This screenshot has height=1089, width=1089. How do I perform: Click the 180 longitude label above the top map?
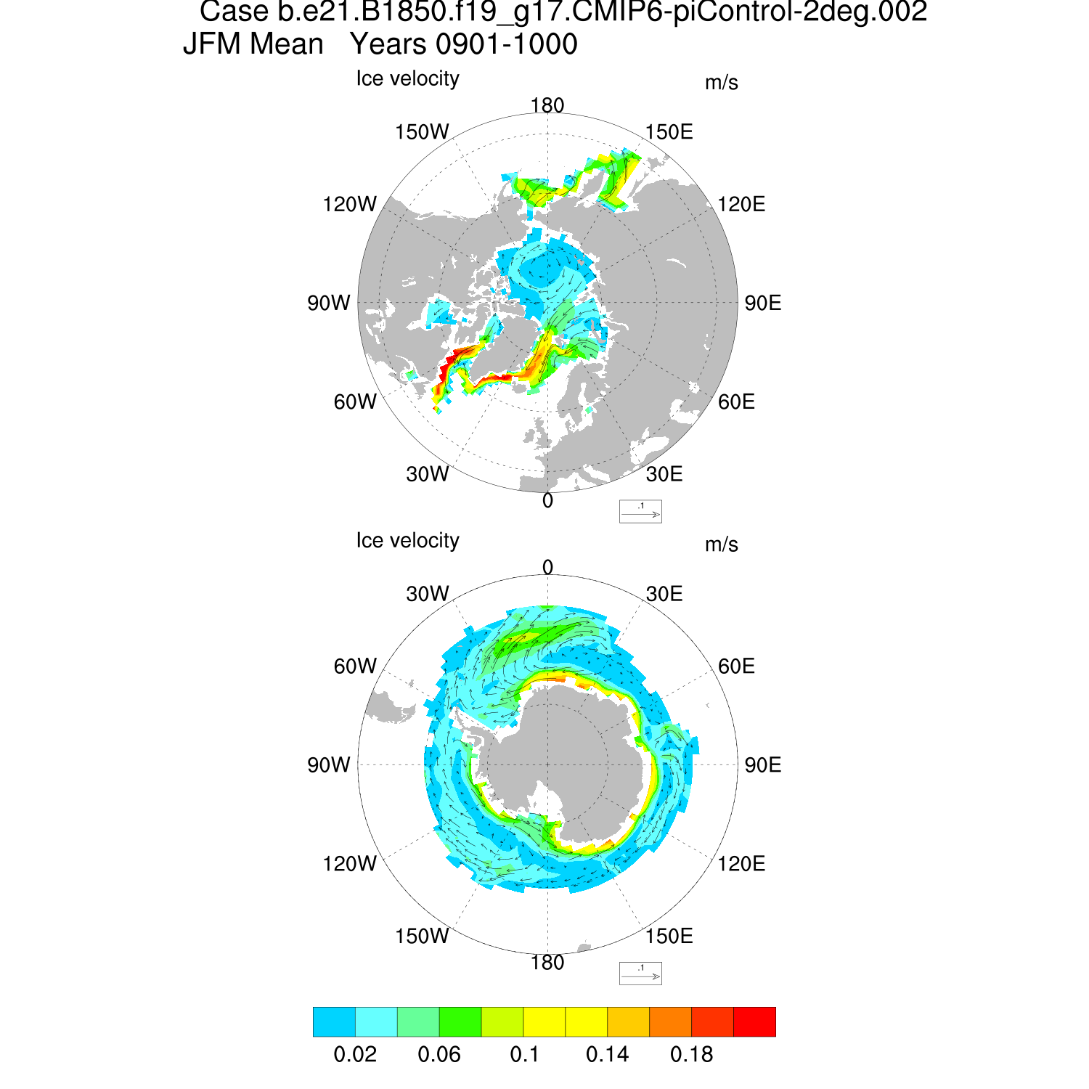pyautogui.click(x=547, y=105)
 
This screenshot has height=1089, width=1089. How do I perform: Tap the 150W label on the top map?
pyautogui.click(x=422, y=132)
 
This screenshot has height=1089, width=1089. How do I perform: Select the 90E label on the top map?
pyautogui.click(x=763, y=303)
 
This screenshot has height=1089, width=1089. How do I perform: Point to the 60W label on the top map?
pyautogui.click(x=355, y=401)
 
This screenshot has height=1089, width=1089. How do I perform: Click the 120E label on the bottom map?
pyautogui.click(x=741, y=863)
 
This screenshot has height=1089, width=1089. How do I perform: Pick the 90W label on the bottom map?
pyautogui.click(x=329, y=765)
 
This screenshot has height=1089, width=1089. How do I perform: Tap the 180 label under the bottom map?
pyautogui.click(x=547, y=963)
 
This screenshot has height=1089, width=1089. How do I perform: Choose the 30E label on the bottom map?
pyautogui.click(x=664, y=594)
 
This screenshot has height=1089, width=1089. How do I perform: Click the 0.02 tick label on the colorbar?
pyautogui.click(x=355, y=1054)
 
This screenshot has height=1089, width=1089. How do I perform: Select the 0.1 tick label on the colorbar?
pyautogui.click(x=524, y=1054)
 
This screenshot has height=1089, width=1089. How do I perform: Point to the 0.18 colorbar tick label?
pyautogui.click(x=692, y=1054)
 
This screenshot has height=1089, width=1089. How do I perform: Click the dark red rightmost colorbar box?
pyautogui.click(x=755, y=1021)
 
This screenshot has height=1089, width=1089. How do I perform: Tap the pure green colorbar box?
pyautogui.click(x=460, y=1021)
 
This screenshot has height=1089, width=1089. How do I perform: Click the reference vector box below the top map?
pyautogui.click(x=640, y=511)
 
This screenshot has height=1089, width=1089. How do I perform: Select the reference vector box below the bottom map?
pyautogui.click(x=640, y=973)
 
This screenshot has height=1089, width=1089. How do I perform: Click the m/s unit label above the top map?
pyautogui.click(x=721, y=83)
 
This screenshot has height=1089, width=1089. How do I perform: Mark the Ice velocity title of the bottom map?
pyautogui.click(x=407, y=540)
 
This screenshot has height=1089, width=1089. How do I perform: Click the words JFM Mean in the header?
pyautogui.click(x=253, y=44)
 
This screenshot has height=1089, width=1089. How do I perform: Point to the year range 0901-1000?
pyautogui.click(x=506, y=44)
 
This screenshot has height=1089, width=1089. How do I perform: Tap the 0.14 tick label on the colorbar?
pyautogui.click(x=608, y=1054)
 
